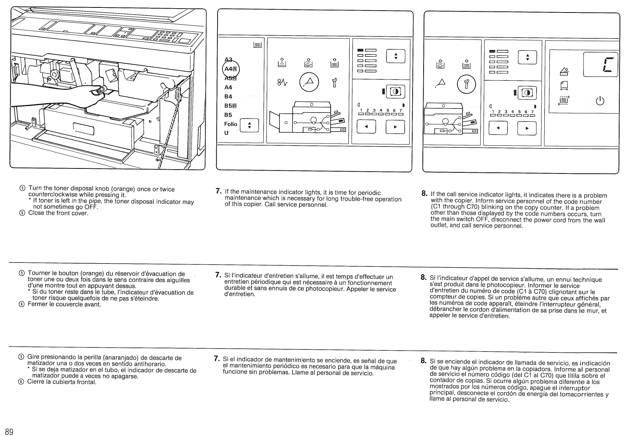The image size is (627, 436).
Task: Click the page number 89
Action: tap(9, 431)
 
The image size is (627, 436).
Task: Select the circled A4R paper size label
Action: tap(230, 69)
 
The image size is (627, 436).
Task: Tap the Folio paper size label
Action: tap(230, 124)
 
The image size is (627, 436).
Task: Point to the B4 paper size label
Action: tap(228, 96)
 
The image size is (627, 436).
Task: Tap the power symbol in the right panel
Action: tap(599, 101)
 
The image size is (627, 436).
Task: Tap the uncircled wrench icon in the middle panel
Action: tap(334, 83)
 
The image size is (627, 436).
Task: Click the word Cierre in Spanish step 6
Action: tap(36, 382)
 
